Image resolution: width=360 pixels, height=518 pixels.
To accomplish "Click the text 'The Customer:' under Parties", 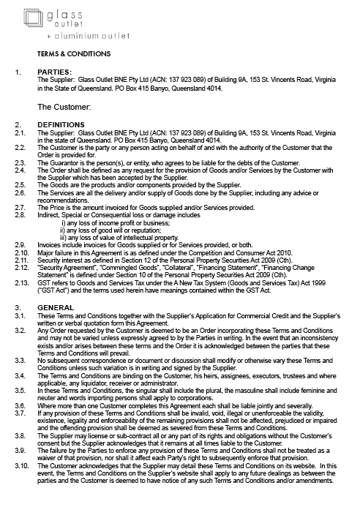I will pos(63,107).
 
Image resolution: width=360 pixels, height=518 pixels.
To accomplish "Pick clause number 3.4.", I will pos(20,375).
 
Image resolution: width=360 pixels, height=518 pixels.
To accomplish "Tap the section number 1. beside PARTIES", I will pos(18,72).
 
